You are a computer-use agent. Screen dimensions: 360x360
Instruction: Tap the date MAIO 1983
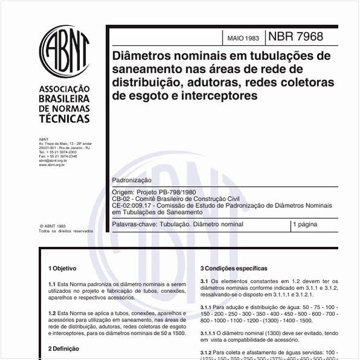coord(243,38)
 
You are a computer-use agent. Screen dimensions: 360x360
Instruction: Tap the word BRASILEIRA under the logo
coord(64,98)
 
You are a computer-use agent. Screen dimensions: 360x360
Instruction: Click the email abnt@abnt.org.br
coord(53,160)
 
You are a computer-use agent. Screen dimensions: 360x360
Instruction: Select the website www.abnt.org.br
coord(52,165)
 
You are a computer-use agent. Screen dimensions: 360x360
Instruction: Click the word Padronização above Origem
coord(132,181)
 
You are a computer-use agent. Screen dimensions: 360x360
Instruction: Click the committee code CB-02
coord(122,198)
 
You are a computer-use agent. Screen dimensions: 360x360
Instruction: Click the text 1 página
coord(305,224)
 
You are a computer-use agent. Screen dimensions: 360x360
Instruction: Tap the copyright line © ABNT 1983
coord(53,226)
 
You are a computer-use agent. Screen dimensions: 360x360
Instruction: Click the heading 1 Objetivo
coord(62,268)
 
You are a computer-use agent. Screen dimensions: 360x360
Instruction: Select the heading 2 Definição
coord(64,349)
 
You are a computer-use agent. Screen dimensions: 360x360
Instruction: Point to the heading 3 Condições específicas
coord(234,268)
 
